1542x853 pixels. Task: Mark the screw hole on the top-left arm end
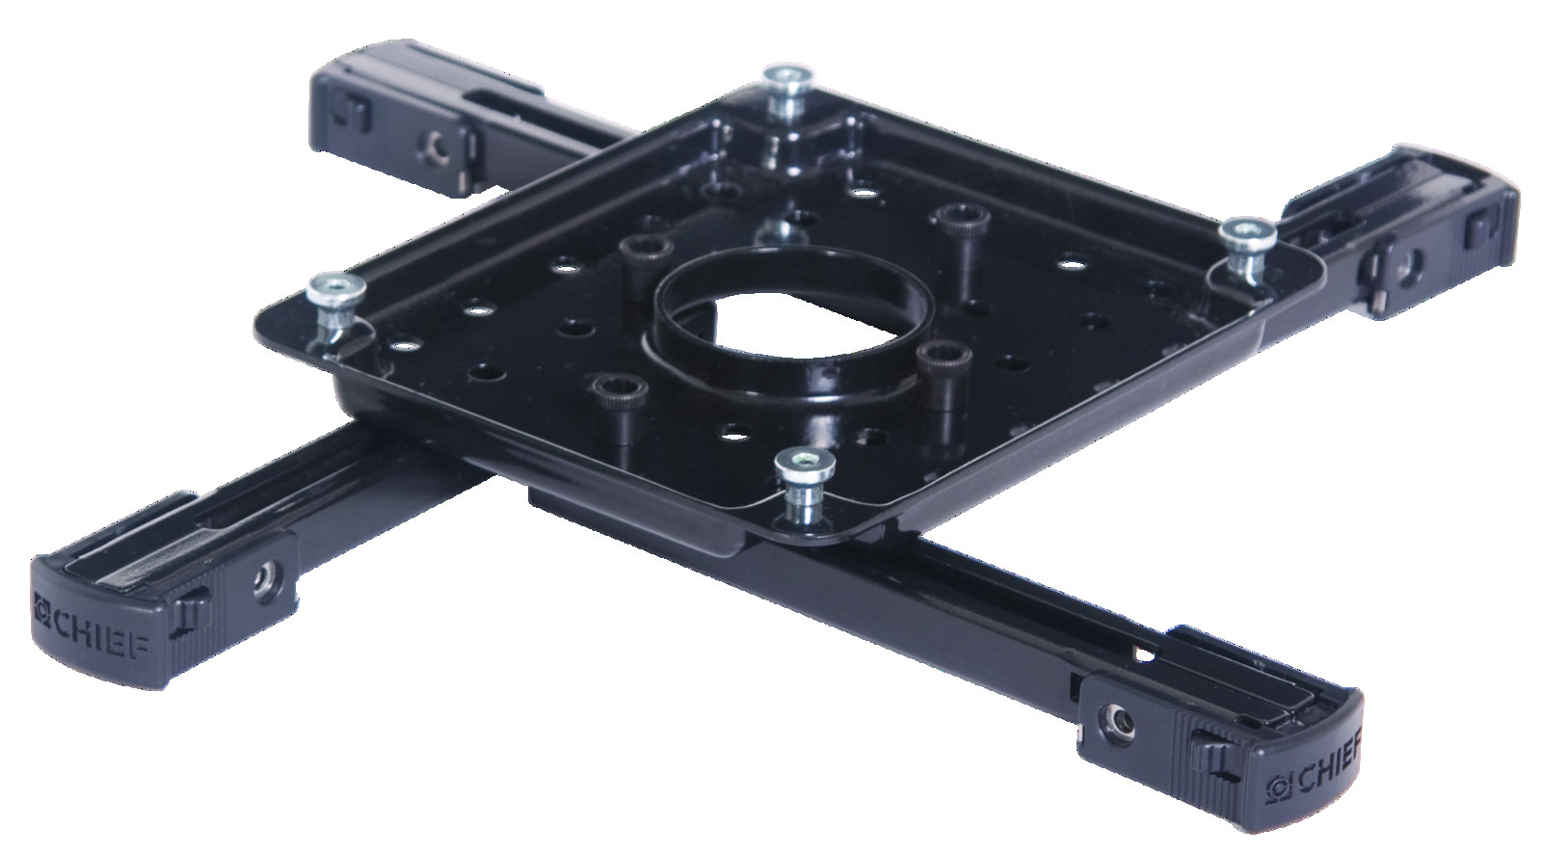435,147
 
